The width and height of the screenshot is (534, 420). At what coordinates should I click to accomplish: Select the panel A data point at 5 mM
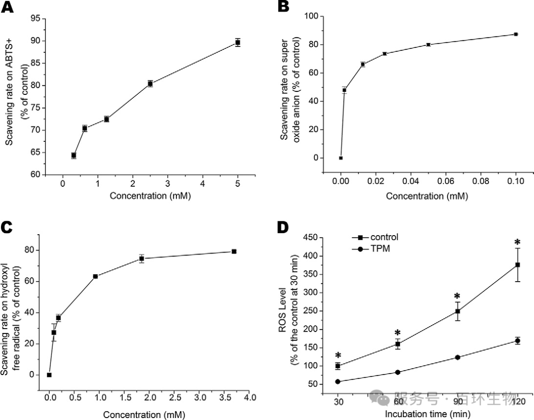tap(238, 42)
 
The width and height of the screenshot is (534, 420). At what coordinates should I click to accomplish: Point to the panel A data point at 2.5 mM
tap(150, 84)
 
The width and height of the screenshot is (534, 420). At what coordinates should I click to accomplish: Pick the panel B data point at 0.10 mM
tap(516, 34)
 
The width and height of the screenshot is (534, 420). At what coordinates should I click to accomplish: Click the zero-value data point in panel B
tap(341, 158)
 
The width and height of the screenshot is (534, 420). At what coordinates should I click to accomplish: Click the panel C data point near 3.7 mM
tap(234, 252)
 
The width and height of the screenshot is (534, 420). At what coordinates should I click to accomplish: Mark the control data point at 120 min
tap(518, 265)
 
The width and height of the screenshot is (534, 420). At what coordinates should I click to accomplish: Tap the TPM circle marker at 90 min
tap(458, 357)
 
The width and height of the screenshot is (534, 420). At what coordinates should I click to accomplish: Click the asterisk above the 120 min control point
tap(518, 243)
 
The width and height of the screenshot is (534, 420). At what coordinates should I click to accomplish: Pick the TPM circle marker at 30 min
tap(338, 381)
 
